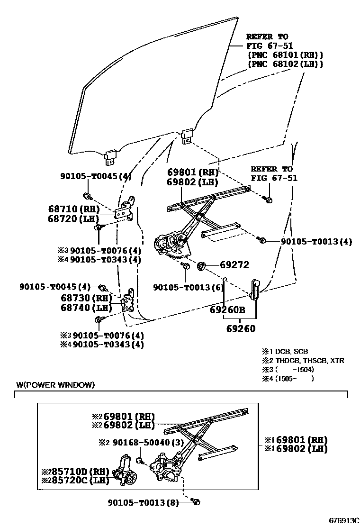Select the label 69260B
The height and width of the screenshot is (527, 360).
point(227,310)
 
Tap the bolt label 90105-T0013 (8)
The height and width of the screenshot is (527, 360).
point(143,503)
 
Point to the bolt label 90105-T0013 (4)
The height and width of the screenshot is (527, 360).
point(316,241)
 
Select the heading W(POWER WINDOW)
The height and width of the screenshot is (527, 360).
point(55,385)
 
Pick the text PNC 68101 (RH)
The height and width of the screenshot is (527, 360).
point(285,55)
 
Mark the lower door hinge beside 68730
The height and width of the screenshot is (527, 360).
point(128,302)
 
